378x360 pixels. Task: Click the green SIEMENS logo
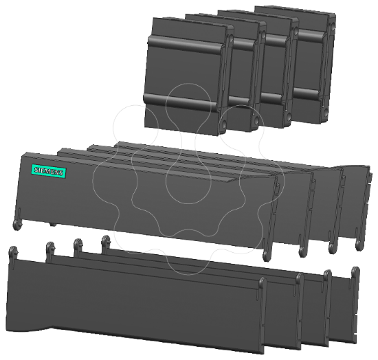(x=49, y=172)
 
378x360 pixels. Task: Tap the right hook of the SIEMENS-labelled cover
(x=267, y=254)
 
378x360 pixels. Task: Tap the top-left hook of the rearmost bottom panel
(x=106, y=240)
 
